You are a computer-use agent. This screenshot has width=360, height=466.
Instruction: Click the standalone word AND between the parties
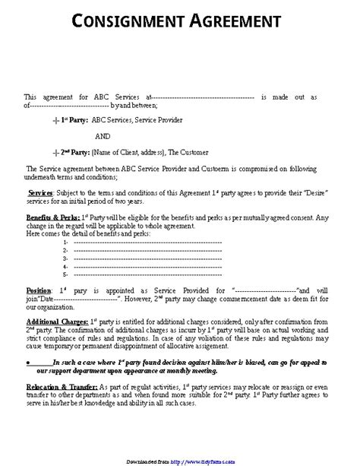tap(101, 136)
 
